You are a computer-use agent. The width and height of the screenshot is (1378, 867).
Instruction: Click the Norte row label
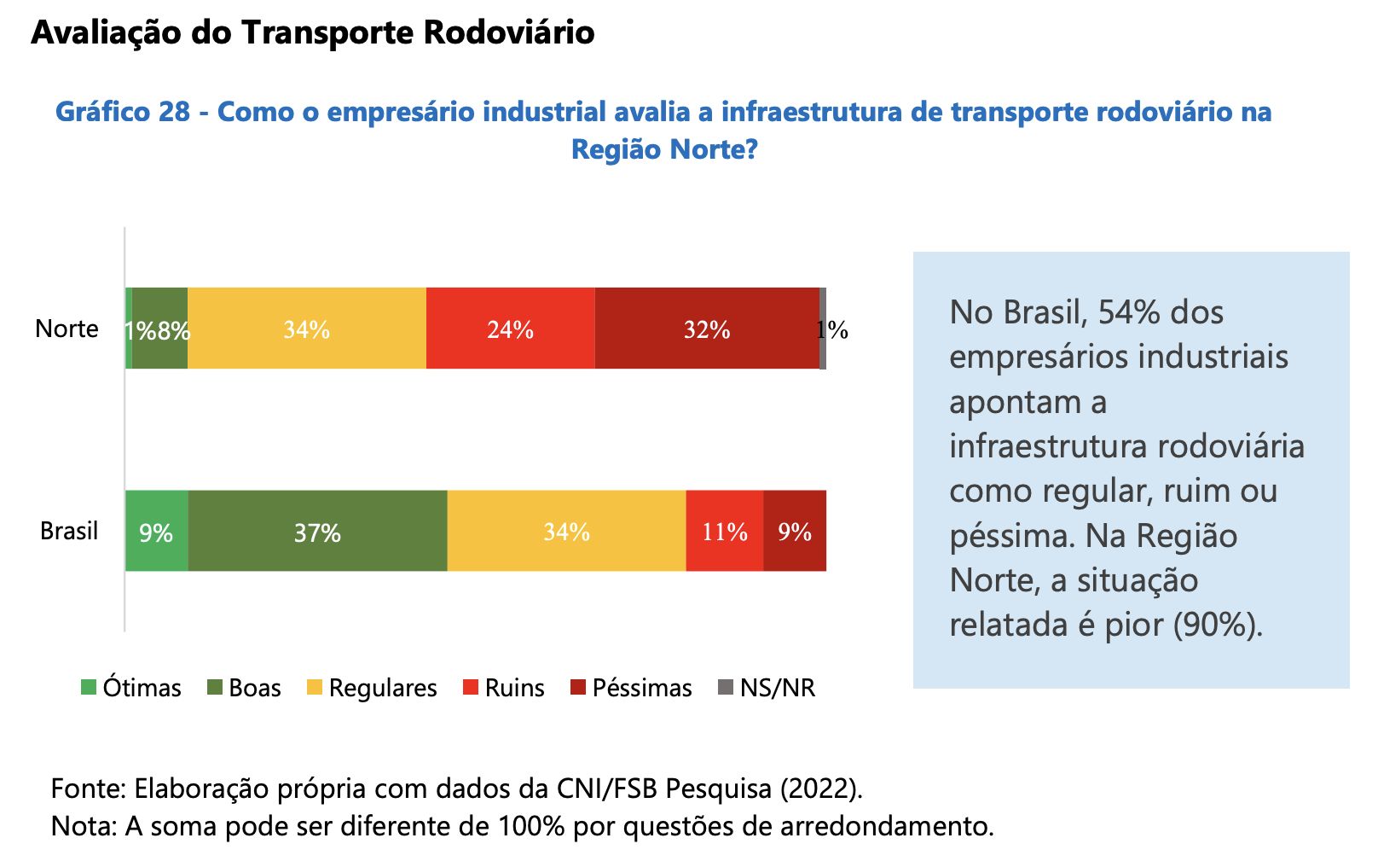click(67, 329)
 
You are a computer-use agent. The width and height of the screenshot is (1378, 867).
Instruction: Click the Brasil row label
click(69, 531)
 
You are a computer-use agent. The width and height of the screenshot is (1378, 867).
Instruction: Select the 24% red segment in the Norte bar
click(510, 329)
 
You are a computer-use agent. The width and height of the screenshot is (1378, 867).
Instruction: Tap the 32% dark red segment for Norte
click(706, 329)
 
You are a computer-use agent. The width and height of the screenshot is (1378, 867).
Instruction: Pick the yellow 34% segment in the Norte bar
click(306, 329)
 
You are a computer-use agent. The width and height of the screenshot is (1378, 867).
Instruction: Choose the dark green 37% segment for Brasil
click(317, 532)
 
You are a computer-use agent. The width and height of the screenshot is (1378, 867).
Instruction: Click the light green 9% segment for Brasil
click(156, 532)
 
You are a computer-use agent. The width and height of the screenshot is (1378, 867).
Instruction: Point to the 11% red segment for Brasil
click(724, 532)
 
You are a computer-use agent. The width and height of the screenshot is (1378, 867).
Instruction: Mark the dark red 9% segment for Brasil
click(794, 532)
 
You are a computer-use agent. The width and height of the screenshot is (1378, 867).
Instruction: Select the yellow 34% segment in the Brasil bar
click(566, 532)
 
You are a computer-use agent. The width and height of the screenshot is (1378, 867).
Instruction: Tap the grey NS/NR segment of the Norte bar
click(823, 329)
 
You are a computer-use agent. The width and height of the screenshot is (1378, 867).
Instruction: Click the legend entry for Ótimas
click(131, 688)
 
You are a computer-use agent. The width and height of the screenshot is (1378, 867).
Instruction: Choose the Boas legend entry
click(245, 688)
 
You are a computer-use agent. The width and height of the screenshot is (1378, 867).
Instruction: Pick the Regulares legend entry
click(372, 688)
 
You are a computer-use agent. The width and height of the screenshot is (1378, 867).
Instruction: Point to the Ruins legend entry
click(504, 688)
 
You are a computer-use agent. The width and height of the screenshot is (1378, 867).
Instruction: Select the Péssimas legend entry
click(631, 688)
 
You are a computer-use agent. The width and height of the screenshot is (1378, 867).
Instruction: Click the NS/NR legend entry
click(767, 688)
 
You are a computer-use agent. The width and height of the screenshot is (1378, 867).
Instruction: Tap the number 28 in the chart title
click(173, 112)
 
